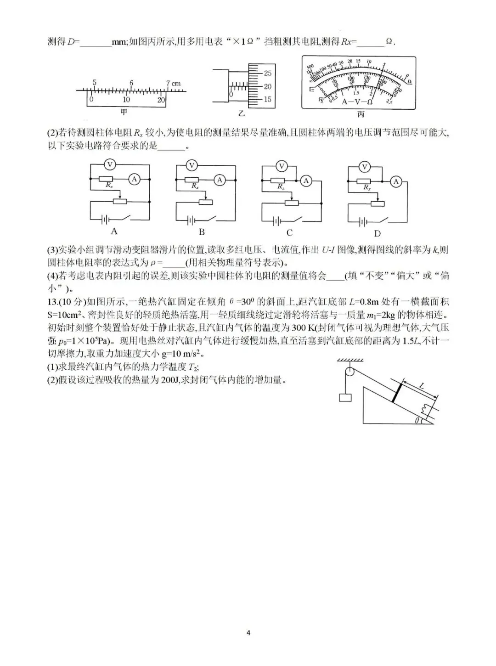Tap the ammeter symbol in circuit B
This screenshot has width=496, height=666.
[x=220, y=180]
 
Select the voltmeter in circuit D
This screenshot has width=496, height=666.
[x=365, y=166]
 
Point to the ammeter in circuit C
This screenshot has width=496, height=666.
[x=306, y=181]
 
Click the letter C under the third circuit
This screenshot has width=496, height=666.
[x=289, y=233]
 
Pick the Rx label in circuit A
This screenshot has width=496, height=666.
[x=109, y=185]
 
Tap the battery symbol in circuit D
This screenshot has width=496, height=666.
[x=363, y=222]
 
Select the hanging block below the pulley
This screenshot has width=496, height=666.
[x=345, y=396]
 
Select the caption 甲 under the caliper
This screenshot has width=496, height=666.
[x=124, y=112]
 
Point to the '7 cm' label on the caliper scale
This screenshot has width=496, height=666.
[x=173, y=83]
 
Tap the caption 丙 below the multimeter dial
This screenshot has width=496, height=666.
[x=361, y=113]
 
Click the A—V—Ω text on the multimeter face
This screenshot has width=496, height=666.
[x=357, y=102]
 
